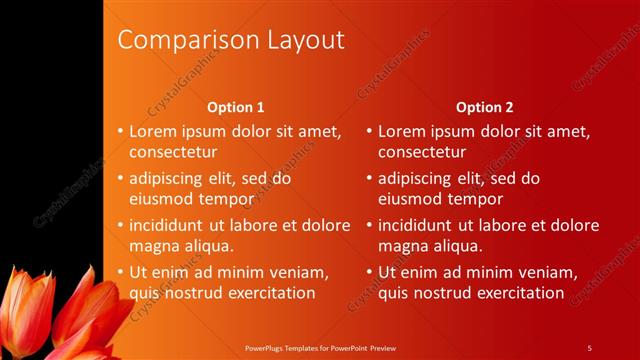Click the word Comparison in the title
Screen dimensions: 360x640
tap(180, 40)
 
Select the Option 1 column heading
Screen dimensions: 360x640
tap(236, 107)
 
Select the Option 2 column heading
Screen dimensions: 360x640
tap(485, 107)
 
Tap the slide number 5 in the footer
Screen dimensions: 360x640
tap(589, 347)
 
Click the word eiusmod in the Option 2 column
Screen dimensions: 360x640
tap(412, 198)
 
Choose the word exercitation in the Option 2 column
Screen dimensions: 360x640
tap(516, 292)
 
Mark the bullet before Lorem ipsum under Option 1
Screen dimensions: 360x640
tap(120, 132)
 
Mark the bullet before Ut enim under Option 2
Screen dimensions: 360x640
tap(369, 272)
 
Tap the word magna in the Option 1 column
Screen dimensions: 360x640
tap(155, 245)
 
